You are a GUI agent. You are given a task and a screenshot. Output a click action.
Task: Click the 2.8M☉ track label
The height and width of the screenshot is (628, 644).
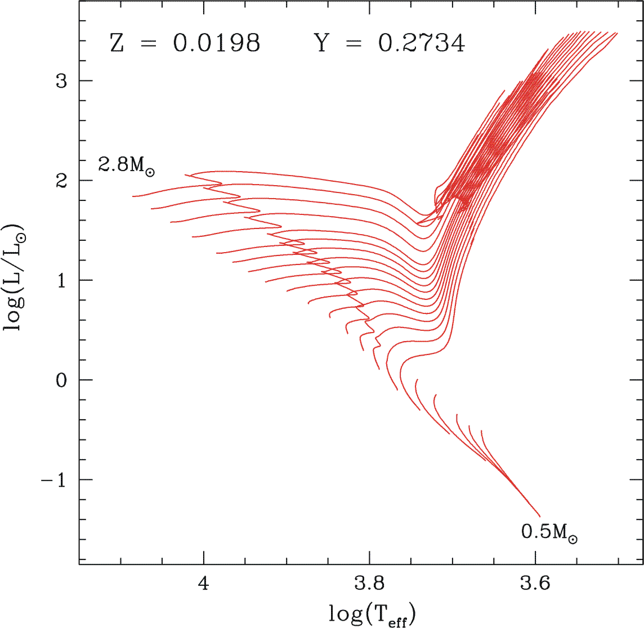[126, 165]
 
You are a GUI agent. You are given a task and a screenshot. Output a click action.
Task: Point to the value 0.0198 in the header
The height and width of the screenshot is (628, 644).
[217, 43]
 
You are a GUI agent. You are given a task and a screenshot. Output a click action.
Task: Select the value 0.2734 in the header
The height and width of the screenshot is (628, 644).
[422, 43]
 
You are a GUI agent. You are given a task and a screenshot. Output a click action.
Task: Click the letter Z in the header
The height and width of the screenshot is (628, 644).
[117, 43]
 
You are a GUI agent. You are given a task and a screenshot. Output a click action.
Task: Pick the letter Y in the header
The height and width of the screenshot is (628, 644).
[322, 43]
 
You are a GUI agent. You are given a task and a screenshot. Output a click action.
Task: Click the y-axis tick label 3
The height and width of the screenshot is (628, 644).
[61, 81]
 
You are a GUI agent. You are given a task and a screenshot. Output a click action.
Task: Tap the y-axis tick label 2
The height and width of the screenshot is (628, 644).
[61, 181]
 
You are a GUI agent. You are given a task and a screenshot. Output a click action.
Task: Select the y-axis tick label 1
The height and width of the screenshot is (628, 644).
[61, 280]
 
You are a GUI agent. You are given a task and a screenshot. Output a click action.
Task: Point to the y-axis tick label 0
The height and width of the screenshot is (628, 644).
[61, 380]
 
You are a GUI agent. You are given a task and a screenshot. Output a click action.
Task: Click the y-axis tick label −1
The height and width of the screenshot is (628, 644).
[54, 479]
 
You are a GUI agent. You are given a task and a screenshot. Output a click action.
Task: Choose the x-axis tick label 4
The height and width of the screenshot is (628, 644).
[204, 584]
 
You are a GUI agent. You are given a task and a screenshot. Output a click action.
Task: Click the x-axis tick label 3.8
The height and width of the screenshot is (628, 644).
[370, 584]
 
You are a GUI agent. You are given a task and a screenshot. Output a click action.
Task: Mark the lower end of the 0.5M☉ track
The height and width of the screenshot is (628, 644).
[540, 515]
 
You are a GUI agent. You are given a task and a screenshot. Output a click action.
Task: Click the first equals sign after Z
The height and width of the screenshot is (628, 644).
[148, 44]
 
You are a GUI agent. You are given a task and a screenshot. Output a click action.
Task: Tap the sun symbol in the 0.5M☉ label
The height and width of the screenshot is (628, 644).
[572, 539]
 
